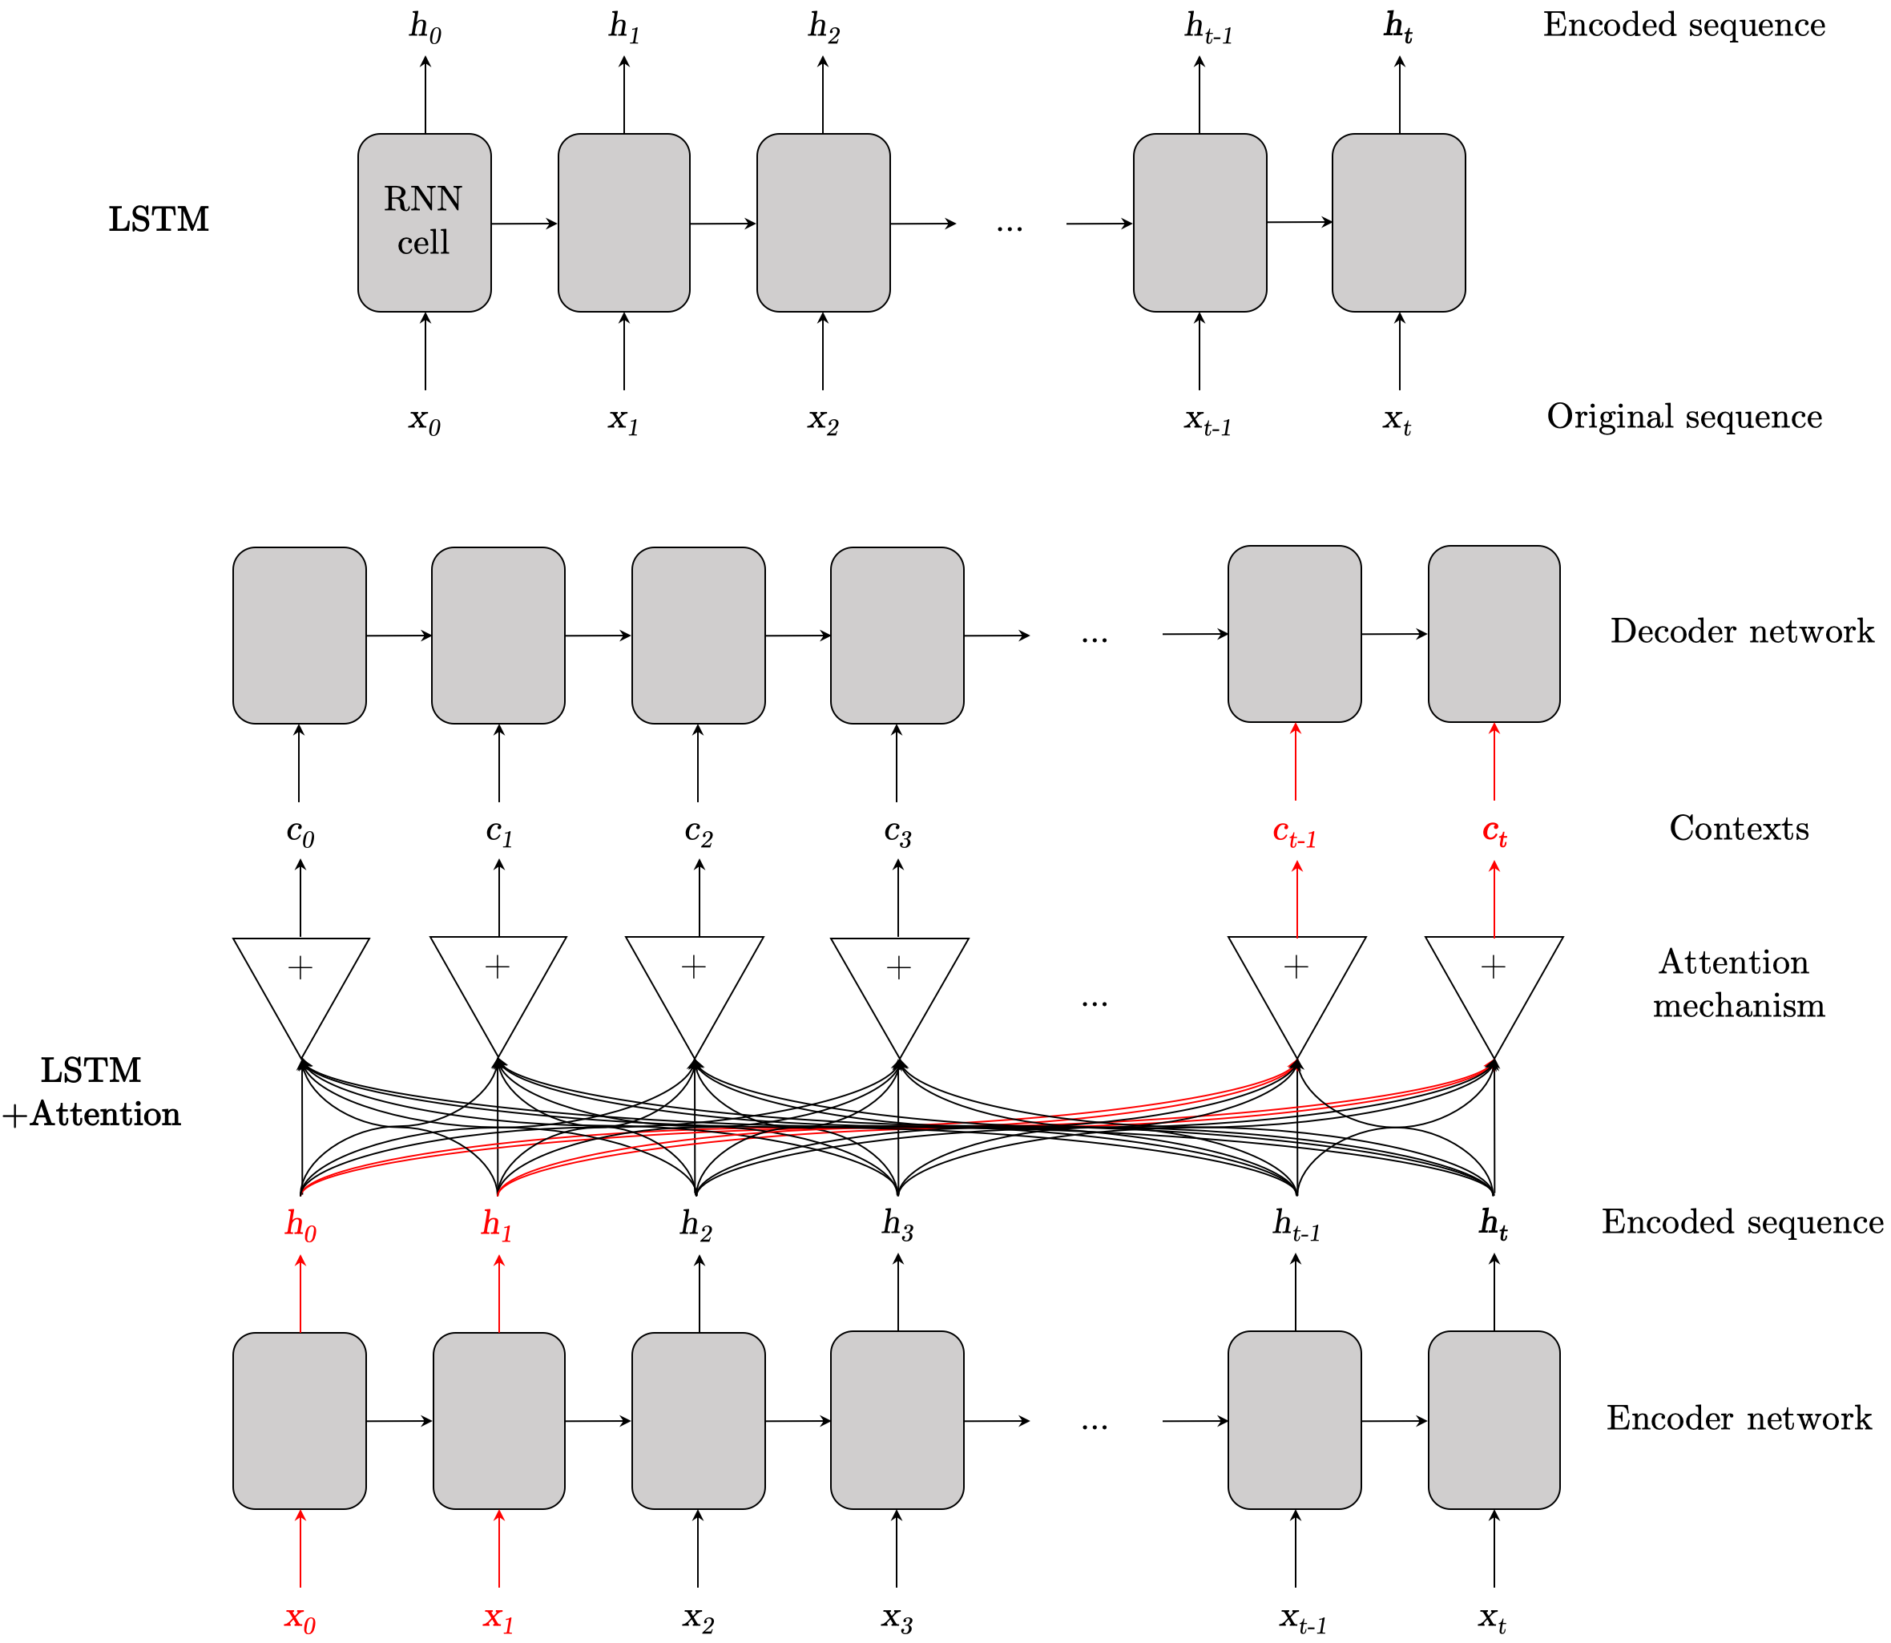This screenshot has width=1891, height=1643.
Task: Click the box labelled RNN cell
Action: (x=425, y=222)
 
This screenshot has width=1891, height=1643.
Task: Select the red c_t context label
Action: (x=1494, y=833)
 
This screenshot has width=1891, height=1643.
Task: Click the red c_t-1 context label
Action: (x=1294, y=833)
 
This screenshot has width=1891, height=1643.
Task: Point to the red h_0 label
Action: (x=300, y=1225)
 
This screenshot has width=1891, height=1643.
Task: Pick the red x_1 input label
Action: (x=498, y=1617)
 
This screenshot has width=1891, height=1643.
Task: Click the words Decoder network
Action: (x=1742, y=632)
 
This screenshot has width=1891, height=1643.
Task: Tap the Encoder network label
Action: (x=1739, y=1419)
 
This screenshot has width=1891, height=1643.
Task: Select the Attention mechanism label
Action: (x=1738, y=983)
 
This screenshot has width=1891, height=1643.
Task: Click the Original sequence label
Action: (x=1683, y=418)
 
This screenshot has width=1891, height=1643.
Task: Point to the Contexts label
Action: (x=1739, y=829)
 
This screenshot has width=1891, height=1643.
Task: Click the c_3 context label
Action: (x=897, y=833)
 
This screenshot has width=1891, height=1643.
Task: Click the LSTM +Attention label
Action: (x=91, y=1092)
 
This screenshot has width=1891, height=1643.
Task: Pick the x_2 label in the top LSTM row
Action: (x=822, y=420)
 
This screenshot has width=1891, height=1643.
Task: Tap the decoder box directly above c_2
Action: (x=698, y=636)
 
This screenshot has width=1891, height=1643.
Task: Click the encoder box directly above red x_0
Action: (x=300, y=1420)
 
